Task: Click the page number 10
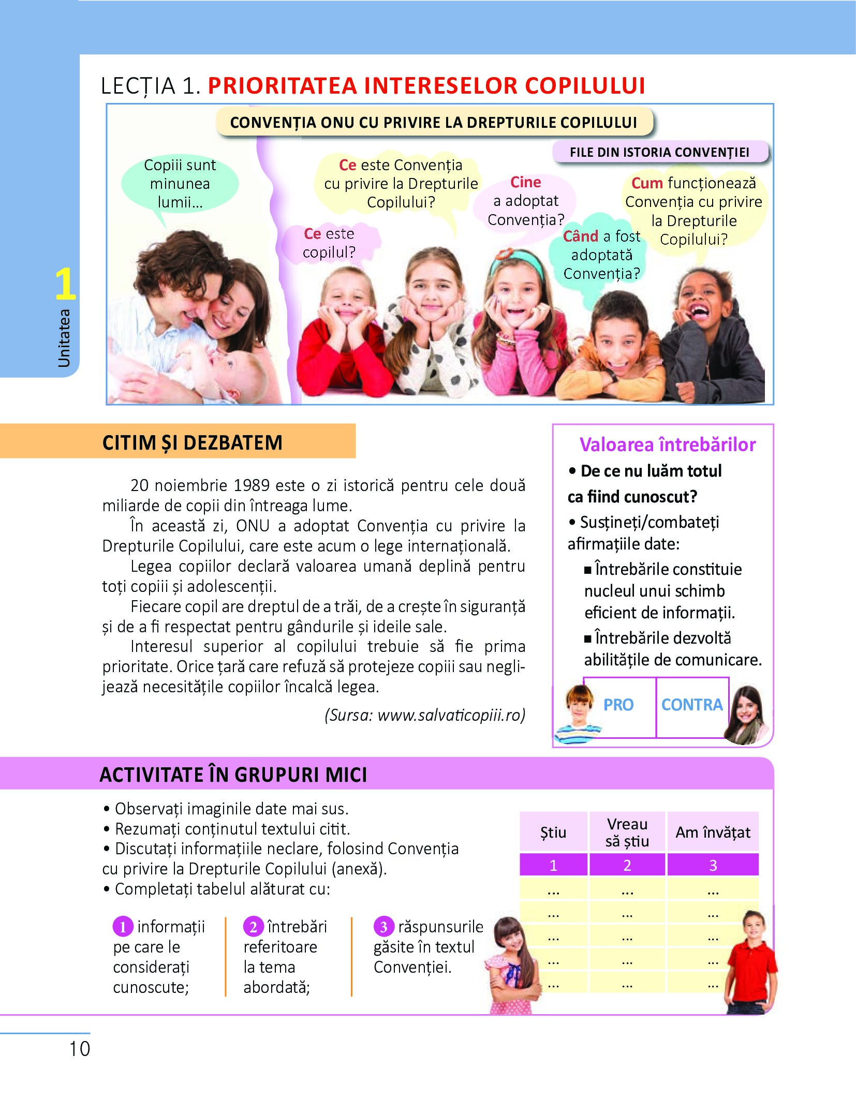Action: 80,1049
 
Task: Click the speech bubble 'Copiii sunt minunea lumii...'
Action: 180,184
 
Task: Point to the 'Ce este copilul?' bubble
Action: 329,243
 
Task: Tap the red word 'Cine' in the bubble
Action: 525,182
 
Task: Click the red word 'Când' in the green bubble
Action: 580,236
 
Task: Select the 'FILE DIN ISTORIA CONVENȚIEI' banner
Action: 659,152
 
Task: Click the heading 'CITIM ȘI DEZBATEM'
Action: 193,443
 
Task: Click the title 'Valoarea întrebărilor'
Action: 667,444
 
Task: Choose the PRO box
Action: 618,705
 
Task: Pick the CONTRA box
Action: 692,705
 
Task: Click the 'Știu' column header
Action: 553,833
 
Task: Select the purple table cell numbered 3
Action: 713,865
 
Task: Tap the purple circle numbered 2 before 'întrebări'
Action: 253,927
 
